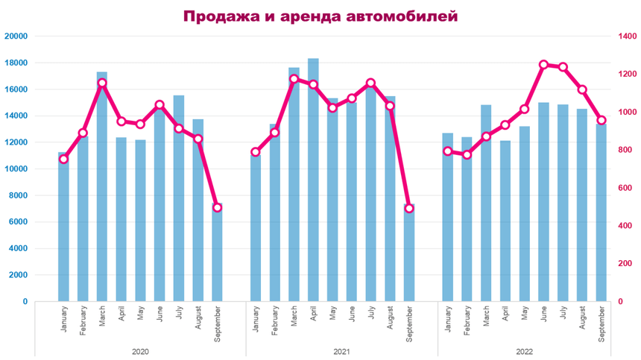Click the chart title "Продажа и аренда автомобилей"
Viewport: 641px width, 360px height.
(320, 16)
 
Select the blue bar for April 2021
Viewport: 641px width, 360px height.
(313, 186)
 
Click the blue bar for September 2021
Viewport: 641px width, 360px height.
(409, 253)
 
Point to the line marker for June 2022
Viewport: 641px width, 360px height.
(543, 65)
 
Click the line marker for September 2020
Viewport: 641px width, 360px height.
(217, 207)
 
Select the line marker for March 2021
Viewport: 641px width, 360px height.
(294, 78)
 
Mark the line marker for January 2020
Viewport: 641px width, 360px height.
(63, 159)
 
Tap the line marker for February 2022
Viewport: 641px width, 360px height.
(467, 154)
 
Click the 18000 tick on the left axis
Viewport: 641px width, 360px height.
(16, 63)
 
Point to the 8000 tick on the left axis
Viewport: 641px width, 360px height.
(19, 195)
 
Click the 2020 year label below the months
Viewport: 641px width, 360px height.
(140, 350)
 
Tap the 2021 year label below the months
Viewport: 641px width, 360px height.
(332, 350)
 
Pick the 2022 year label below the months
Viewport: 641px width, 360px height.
(524, 350)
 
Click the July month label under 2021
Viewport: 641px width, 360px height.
(371, 317)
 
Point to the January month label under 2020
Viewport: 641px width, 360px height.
(63, 319)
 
